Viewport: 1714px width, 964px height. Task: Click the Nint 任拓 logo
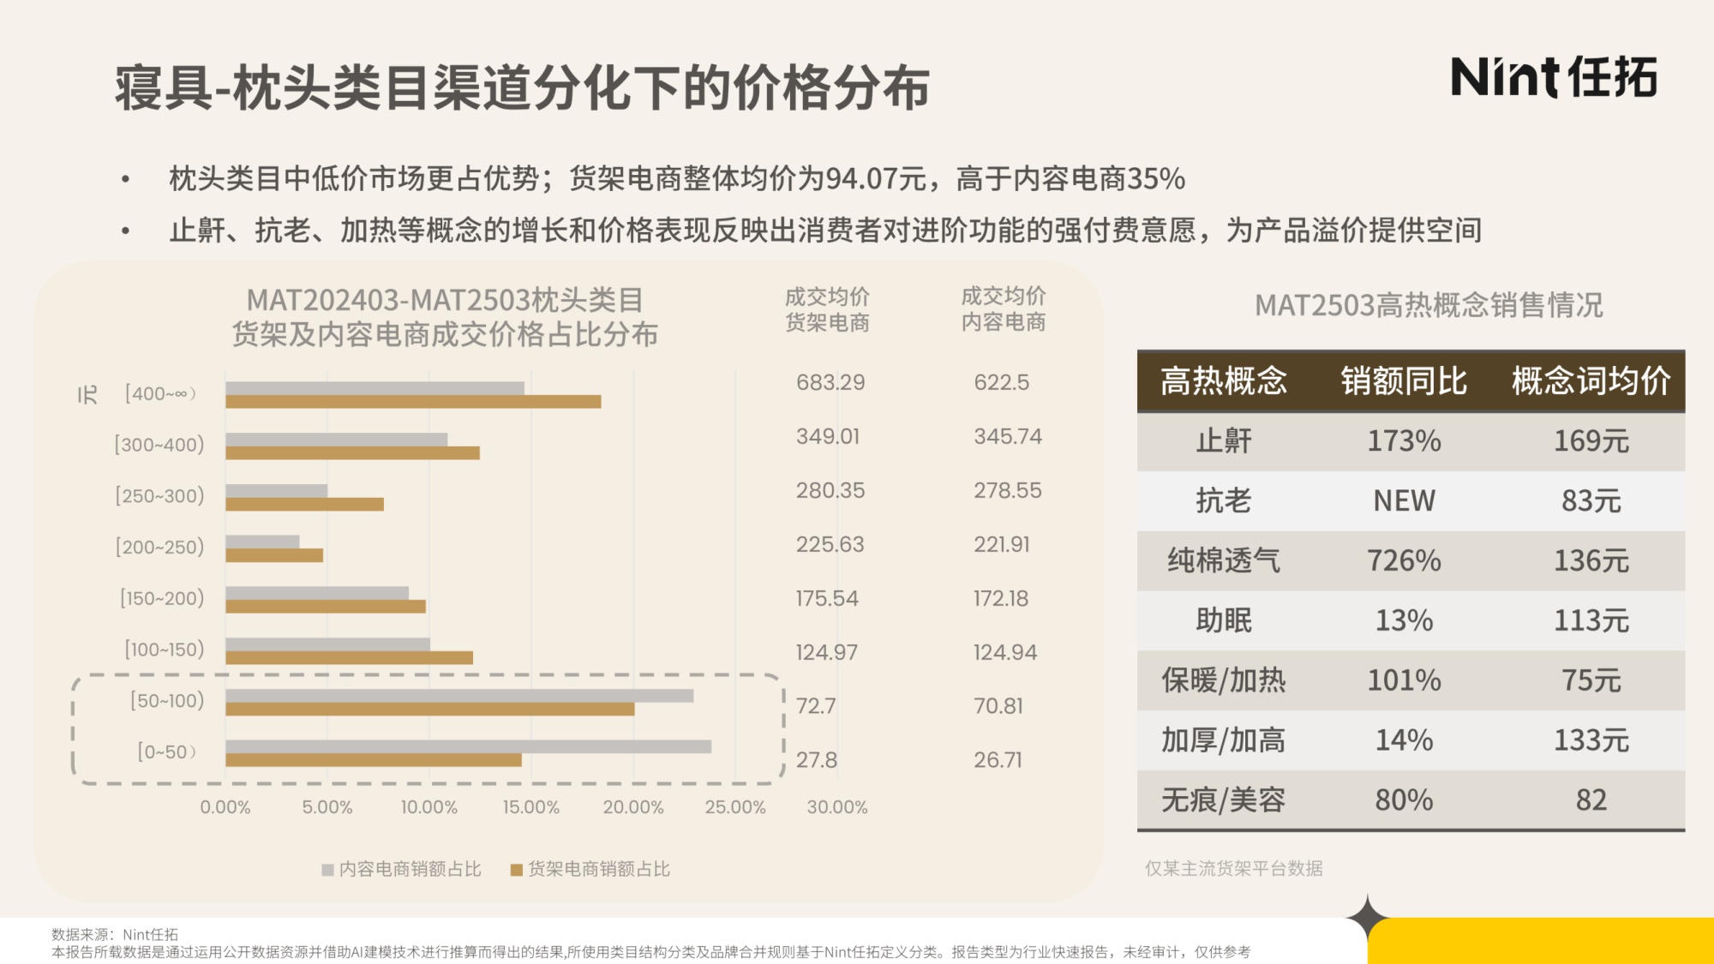click(1553, 77)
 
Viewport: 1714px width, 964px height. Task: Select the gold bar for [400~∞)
click(413, 402)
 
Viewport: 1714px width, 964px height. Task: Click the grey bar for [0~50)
click(468, 746)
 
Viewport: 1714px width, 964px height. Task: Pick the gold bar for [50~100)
click(429, 710)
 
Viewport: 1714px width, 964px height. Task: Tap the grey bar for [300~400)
click(336, 439)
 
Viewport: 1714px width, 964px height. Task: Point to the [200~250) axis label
click(160, 547)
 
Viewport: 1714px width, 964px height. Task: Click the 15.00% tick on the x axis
click(530, 807)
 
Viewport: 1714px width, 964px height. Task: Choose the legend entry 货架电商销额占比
click(590, 869)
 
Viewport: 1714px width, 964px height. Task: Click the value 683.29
click(830, 382)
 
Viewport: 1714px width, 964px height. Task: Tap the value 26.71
click(998, 760)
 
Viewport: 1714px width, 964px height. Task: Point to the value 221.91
click(1001, 544)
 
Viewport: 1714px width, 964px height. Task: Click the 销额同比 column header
click(1404, 381)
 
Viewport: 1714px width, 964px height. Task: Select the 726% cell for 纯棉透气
click(1404, 560)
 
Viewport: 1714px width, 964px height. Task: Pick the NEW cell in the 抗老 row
click(1404, 500)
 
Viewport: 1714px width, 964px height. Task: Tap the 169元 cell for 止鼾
click(1591, 441)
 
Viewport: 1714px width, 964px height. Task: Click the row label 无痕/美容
click(1223, 799)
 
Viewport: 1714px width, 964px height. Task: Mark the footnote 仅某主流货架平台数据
click(1233, 868)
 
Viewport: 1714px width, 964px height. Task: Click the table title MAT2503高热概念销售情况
click(1429, 305)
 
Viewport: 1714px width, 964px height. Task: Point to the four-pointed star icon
click(1368, 917)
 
